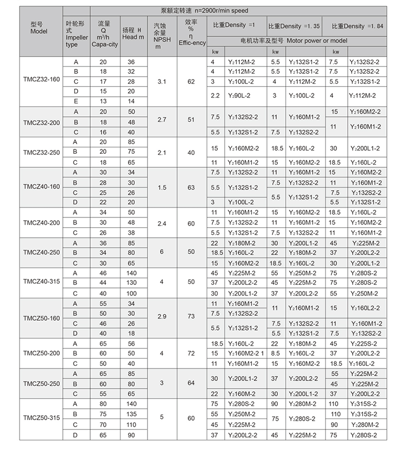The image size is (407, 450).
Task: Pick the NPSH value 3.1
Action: (161, 82)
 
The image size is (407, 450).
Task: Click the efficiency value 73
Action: (190, 318)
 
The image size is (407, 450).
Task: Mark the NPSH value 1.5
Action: (161, 187)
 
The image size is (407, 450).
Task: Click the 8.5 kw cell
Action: (275, 353)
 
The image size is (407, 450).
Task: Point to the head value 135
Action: (132, 414)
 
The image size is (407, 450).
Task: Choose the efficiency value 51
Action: (190, 122)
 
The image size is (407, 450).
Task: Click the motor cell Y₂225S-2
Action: (365, 343)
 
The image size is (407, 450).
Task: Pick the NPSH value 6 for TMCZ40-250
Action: (161, 253)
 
